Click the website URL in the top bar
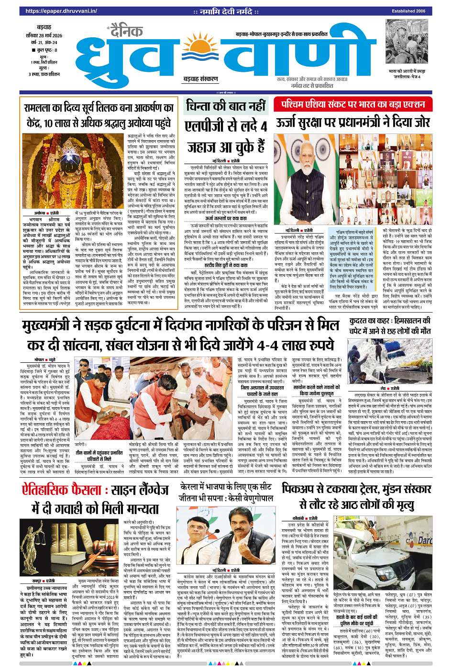pos(61,11)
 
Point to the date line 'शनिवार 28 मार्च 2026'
pos(44,35)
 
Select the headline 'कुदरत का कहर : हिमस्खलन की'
pos(390,321)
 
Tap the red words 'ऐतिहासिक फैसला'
pos(62,491)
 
